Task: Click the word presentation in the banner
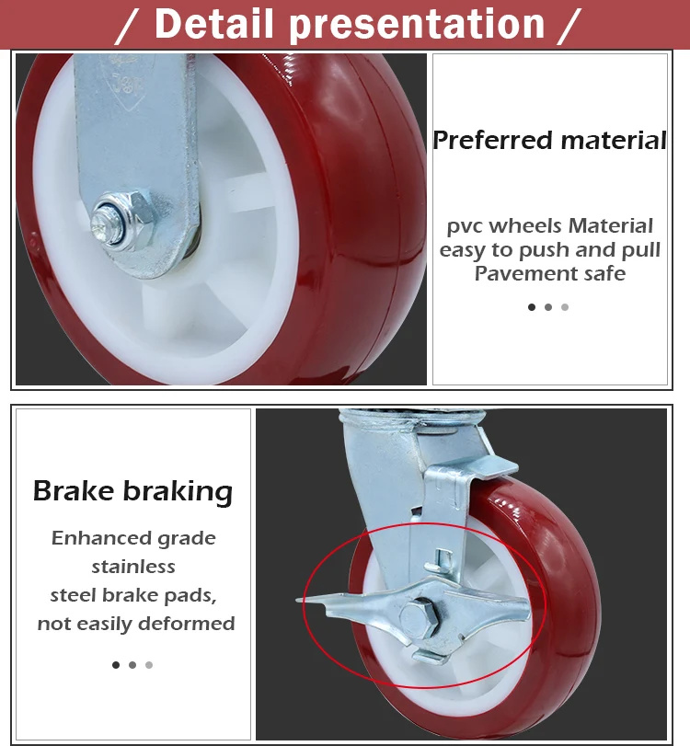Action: coord(417,25)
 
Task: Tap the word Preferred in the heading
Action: coord(492,141)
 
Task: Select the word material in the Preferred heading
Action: coord(614,141)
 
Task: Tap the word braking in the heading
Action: coord(178,492)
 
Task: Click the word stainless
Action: coord(133,566)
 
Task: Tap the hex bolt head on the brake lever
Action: coord(419,617)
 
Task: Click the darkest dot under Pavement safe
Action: coord(532,307)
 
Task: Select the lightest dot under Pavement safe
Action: coord(565,307)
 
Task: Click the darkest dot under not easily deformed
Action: coord(116,665)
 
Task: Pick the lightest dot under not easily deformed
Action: coord(149,665)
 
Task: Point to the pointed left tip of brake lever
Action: coord(297,601)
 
